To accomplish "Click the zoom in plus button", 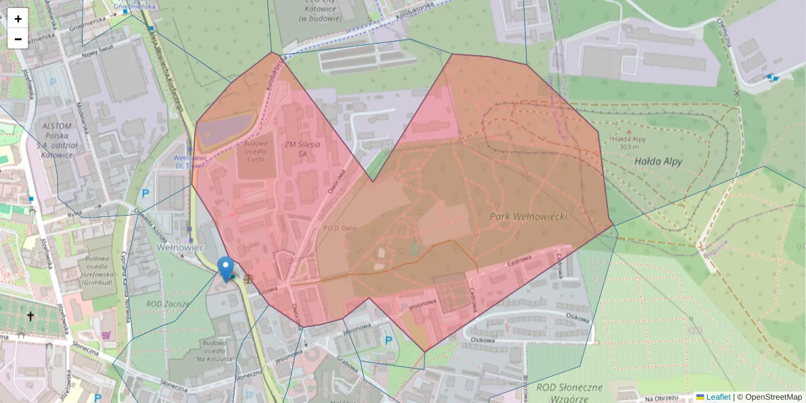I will click(x=18, y=19).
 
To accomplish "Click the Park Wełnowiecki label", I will click(x=529, y=217).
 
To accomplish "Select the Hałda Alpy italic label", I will click(x=658, y=161).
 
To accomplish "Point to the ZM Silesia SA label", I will click(x=302, y=148).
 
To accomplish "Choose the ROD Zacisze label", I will click(x=169, y=304).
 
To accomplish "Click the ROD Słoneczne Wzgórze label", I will click(x=570, y=393).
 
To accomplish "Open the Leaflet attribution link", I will click(x=717, y=397).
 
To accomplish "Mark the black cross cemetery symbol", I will click(x=30, y=315).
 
